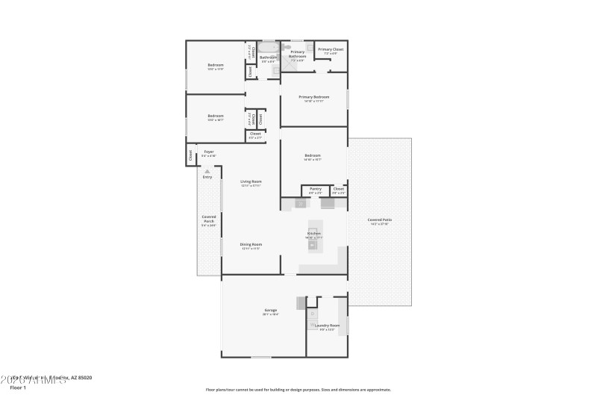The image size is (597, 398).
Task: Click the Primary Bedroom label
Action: point(313,97)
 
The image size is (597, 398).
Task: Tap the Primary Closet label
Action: point(330,50)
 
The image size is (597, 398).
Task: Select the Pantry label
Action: point(315,190)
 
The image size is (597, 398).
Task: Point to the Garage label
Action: point(270,310)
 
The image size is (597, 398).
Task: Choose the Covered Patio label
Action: point(380,220)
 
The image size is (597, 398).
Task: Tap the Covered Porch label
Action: point(209,219)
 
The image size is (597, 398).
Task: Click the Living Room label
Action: point(251,181)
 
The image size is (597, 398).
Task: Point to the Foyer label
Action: point(209,152)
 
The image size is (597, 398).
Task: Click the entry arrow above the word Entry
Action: point(207,170)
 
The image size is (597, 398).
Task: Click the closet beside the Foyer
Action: point(190,155)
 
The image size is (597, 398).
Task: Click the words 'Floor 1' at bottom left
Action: point(18,388)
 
